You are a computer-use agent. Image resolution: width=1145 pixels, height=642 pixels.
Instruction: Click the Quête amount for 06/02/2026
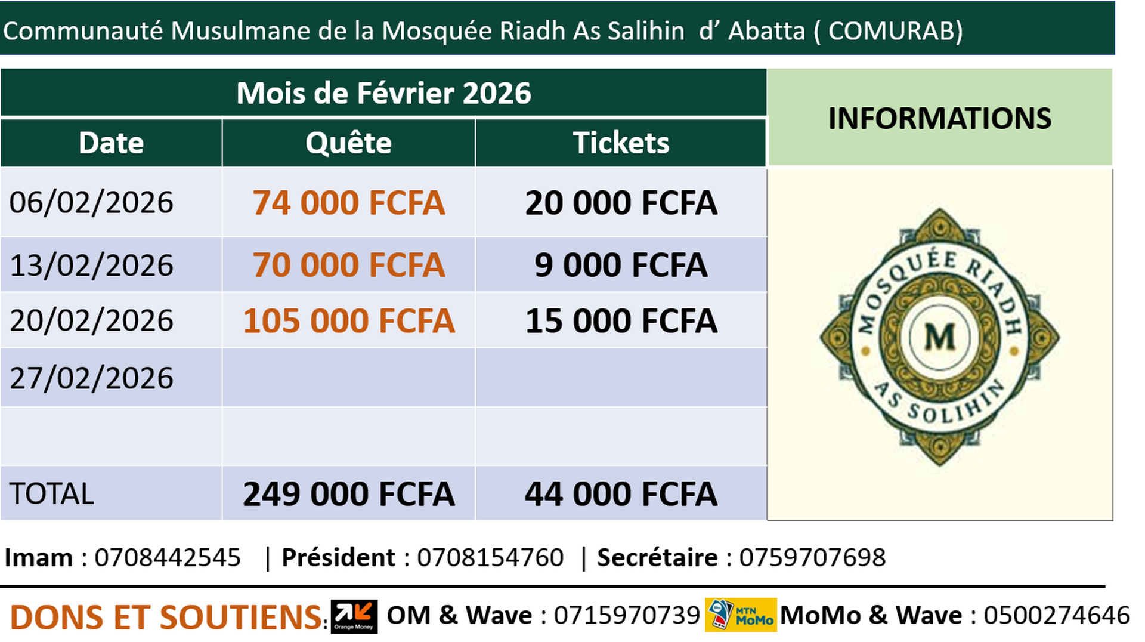coord(348,203)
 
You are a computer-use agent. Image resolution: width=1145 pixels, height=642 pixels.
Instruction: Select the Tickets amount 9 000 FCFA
coord(621,265)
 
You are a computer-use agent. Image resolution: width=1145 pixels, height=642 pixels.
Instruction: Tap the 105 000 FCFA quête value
coord(348,321)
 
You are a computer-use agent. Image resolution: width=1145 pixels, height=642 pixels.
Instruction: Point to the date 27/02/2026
coord(91,378)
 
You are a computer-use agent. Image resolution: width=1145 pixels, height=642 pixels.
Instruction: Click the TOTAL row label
coord(52,494)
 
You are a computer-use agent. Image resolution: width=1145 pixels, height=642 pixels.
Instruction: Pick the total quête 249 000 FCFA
coord(348,494)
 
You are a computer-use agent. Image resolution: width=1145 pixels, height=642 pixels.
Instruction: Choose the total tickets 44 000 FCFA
coord(621,494)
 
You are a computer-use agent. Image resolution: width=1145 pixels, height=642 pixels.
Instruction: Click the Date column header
coord(111,143)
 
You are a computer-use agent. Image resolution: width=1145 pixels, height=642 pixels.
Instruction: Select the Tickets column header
coord(621,143)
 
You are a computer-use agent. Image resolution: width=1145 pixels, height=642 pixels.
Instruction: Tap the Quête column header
coord(348,143)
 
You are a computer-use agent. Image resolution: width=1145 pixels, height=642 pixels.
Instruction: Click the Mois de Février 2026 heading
coord(383,93)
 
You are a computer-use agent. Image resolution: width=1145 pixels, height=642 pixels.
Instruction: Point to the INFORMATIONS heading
coord(939,118)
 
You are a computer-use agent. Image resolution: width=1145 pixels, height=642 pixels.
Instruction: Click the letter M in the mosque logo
coord(939,337)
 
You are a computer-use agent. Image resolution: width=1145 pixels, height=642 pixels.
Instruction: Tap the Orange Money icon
coord(354,616)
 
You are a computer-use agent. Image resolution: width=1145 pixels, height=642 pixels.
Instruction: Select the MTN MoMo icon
coord(741,615)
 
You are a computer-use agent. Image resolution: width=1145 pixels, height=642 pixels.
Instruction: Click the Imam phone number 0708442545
coord(168,558)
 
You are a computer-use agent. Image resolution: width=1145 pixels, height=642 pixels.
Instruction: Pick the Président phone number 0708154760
coord(490,558)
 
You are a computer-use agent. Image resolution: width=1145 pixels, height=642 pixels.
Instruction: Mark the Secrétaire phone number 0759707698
coord(812,558)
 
